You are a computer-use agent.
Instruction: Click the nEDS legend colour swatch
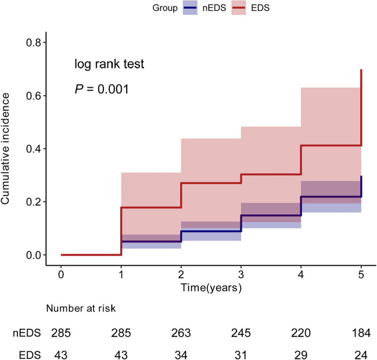(190, 8)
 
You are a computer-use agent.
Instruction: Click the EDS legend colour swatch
(239, 8)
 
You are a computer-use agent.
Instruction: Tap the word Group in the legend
(165, 8)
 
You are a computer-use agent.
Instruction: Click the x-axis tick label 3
(241, 274)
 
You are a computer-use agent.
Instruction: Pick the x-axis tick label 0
(61, 274)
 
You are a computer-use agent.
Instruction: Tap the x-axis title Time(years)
(211, 287)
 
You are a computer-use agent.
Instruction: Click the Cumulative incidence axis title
(5, 149)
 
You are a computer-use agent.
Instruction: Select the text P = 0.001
(102, 89)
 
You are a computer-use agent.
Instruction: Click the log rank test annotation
(109, 64)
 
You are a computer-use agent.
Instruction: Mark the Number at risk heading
(81, 308)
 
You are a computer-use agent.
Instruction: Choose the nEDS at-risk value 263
(181, 333)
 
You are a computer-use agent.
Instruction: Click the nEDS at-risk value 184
(361, 333)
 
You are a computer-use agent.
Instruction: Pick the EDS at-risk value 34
(181, 355)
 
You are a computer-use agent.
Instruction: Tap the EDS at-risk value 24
(361, 355)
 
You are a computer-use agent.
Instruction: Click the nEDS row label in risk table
(27, 333)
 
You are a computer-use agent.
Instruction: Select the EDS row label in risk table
(30, 355)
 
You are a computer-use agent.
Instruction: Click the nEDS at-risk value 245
(241, 333)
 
